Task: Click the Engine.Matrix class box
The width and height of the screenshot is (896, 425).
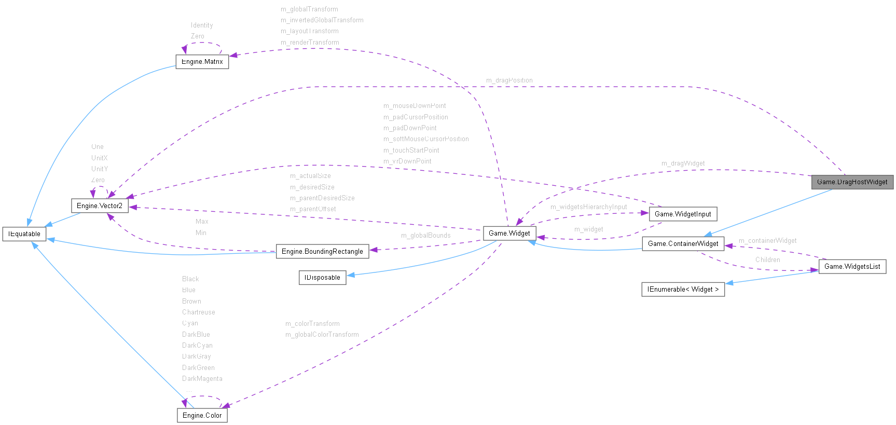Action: [x=202, y=62]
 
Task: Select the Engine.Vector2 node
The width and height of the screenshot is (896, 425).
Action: [x=99, y=206]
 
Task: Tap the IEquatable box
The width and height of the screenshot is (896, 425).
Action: [x=24, y=234]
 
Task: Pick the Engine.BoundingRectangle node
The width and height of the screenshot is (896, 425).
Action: [x=322, y=252]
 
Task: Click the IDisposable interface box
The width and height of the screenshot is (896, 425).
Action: [x=322, y=278]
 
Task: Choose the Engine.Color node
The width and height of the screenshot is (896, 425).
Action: [x=202, y=416]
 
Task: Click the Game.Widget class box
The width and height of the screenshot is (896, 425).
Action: [x=509, y=234]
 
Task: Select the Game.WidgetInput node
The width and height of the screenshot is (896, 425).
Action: [x=683, y=214]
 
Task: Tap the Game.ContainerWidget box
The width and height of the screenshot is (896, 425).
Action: [x=683, y=244]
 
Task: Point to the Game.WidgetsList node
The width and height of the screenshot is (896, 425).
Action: [x=852, y=267]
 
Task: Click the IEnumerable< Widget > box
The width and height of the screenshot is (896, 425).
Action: [x=683, y=290]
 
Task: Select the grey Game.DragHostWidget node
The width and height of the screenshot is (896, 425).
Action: [x=852, y=182]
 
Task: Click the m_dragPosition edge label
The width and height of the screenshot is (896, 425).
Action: [x=509, y=80]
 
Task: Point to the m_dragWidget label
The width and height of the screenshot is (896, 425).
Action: [x=683, y=163]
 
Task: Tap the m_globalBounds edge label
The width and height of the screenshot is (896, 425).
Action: [x=425, y=236]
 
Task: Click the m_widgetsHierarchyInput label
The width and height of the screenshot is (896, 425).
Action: [x=588, y=207]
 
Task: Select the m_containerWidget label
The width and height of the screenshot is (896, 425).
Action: [x=767, y=241]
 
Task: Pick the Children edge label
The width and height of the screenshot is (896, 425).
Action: [x=767, y=260]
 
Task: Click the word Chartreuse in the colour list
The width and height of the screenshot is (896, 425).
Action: [x=198, y=312]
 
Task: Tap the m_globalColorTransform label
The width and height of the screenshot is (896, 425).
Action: [x=322, y=335]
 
